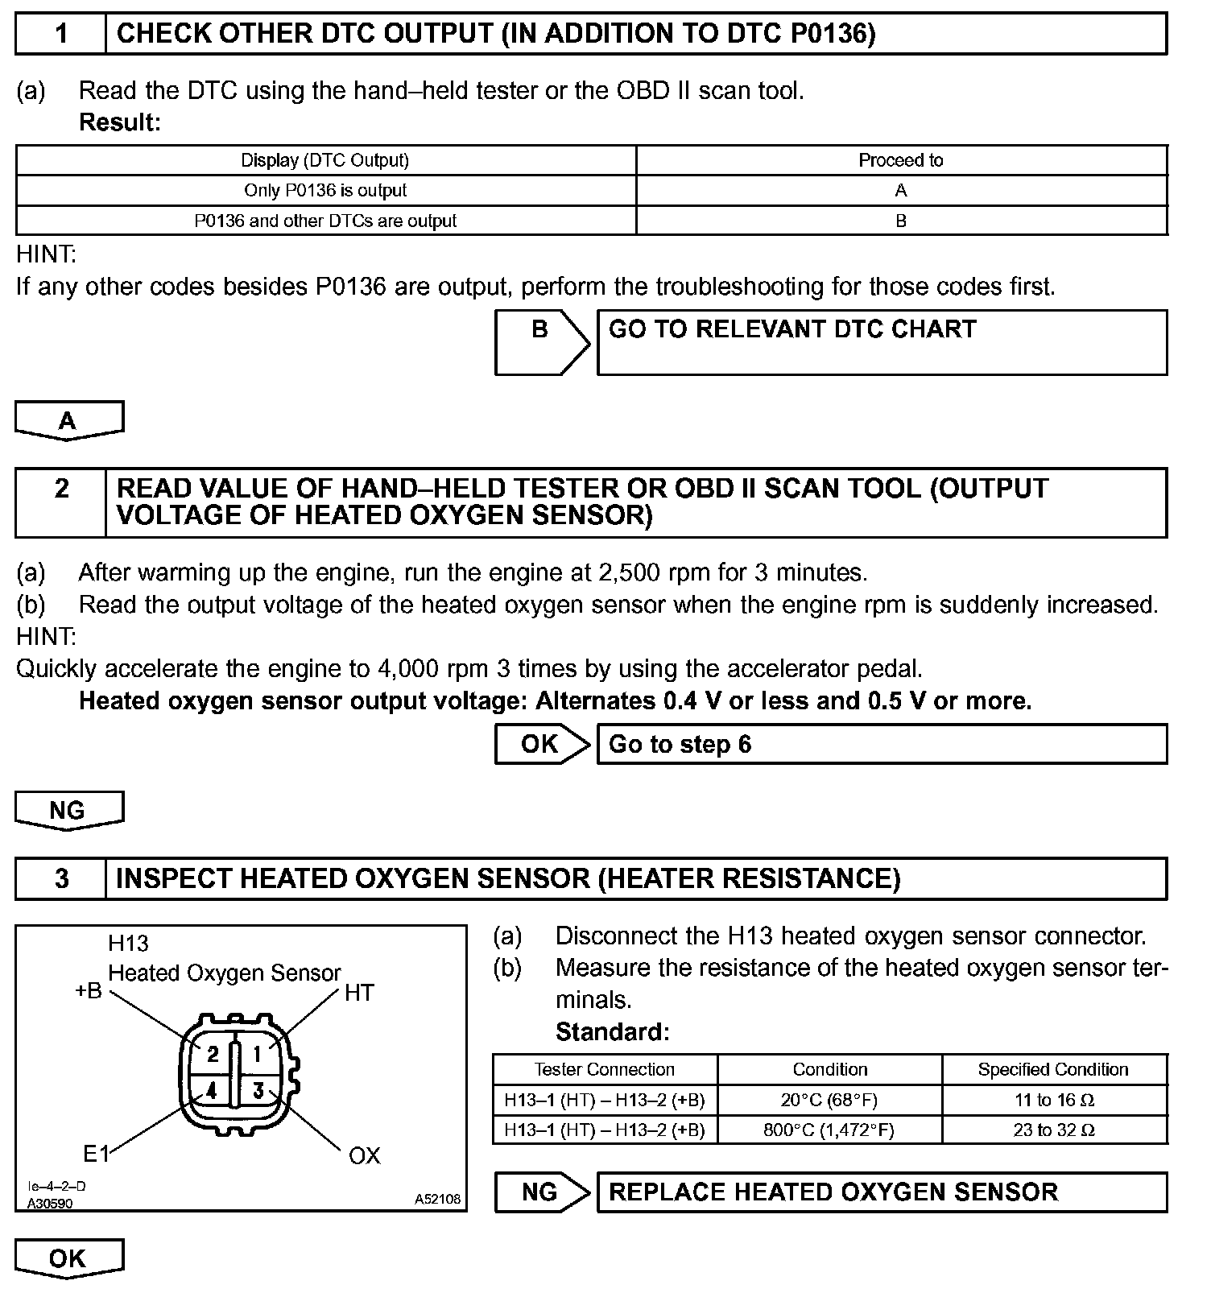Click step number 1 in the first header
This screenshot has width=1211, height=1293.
[61, 34]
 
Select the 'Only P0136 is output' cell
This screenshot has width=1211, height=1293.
[325, 191]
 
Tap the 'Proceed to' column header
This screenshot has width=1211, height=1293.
[900, 160]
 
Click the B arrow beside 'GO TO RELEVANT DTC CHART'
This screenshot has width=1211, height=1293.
[540, 342]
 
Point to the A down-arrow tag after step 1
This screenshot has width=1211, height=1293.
[68, 420]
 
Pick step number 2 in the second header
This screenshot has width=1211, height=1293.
[61, 490]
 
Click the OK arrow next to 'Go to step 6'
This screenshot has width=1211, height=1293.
[540, 744]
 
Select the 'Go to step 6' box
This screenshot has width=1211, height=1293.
[881, 744]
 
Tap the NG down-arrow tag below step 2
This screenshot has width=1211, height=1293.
[68, 810]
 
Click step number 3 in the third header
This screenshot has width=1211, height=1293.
[61, 878]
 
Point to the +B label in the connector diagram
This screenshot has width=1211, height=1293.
[89, 991]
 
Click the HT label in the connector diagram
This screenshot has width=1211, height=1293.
[359, 994]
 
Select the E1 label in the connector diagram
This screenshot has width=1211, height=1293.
[96, 1155]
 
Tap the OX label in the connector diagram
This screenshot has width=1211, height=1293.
[364, 1156]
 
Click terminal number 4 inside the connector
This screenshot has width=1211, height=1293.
[212, 1092]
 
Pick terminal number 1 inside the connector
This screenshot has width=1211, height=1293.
[258, 1054]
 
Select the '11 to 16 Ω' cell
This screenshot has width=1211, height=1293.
[1053, 1100]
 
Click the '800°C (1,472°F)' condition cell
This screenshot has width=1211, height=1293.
[829, 1130]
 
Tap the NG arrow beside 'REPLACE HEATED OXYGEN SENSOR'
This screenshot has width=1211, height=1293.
[540, 1192]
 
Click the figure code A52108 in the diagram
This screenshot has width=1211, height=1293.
[437, 1200]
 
